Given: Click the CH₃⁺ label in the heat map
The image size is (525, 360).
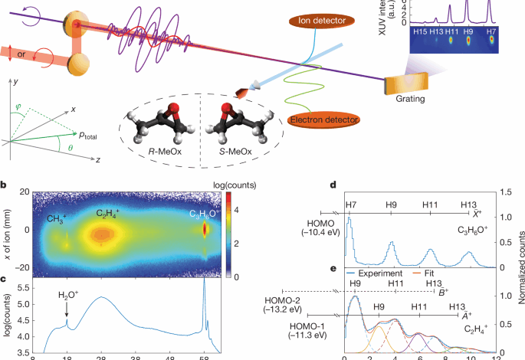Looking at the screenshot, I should (x=57, y=218).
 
